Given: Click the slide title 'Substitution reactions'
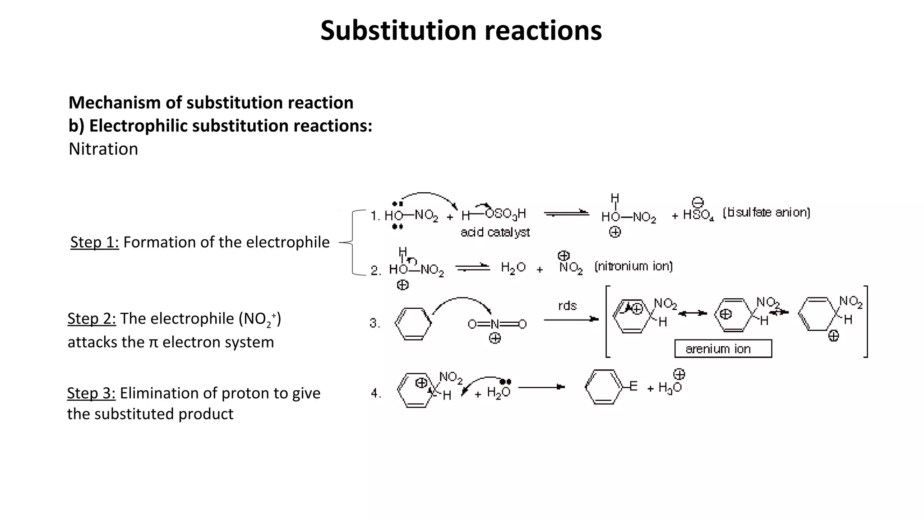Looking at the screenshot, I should coord(461,31).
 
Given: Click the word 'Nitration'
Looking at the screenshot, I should coord(103,149).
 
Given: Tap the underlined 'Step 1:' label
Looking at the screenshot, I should coord(94,242).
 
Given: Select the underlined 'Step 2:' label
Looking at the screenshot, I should coord(92,319).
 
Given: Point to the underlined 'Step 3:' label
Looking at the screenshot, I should coord(91,393).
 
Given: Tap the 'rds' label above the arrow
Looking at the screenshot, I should coord(567,306).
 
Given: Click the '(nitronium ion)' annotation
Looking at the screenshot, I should coord(633,266).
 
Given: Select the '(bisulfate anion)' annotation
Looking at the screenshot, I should coord(766,213).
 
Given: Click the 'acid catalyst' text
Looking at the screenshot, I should coord(495,232).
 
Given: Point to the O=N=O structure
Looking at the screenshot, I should coord(497,324).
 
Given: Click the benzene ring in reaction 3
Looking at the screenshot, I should coord(413,324).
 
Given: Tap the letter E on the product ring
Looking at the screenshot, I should coord(633,386).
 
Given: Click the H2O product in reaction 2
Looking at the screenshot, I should coord(513,268).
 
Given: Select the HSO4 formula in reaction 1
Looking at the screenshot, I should coord(698,214).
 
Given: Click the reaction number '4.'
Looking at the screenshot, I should coord(376,394).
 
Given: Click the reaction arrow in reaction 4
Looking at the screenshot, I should coord(541,387).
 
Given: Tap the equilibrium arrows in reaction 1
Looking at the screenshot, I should coord(566,214).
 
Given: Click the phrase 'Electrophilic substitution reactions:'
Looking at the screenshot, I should coord(231,126).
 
